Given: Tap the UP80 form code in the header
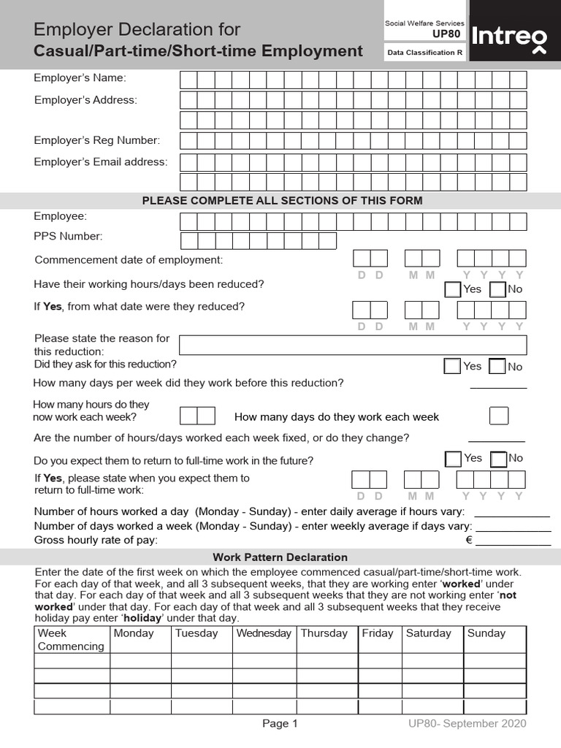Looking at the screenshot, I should click(446, 34).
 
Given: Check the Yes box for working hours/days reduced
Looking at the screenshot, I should click(452, 289).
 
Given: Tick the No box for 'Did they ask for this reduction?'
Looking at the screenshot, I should click(497, 366).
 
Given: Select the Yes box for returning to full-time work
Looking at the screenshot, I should click(453, 459).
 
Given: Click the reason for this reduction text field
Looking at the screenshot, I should click(352, 345).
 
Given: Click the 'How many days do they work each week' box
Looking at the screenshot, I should click(499, 416).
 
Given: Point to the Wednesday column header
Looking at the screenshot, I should click(264, 633).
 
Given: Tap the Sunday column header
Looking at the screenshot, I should click(486, 633).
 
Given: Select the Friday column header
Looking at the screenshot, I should click(378, 633).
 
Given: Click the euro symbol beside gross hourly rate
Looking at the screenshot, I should click(470, 541).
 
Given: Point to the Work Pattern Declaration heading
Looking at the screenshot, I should click(280, 557).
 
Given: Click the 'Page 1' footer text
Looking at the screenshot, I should click(280, 724).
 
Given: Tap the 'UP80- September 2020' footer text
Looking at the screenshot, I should click(467, 724).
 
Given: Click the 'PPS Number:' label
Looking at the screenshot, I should click(69, 236).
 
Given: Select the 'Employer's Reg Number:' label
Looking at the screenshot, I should click(97, 140).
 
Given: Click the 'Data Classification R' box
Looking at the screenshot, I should click(425, 53).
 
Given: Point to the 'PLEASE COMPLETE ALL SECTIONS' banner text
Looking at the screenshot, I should click(282, 200).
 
